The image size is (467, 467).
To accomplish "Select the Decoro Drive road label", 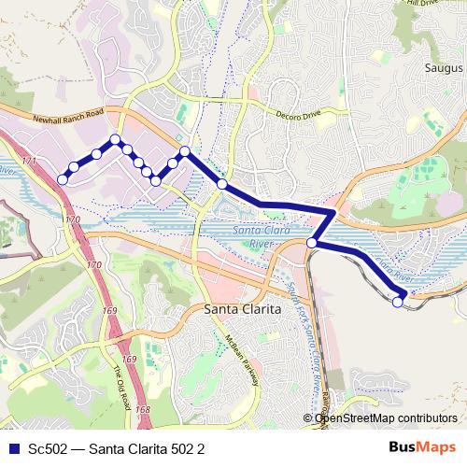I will click(298, 115).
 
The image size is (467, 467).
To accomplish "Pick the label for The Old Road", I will click(121, 384).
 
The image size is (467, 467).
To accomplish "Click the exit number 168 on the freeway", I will click(142, 409).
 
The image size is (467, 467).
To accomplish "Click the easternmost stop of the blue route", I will click(398, 301).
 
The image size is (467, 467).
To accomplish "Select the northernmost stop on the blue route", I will click(116, 140).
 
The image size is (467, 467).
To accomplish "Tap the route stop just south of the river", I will click(311, 243).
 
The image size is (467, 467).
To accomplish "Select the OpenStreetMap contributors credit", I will click(384, 418).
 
